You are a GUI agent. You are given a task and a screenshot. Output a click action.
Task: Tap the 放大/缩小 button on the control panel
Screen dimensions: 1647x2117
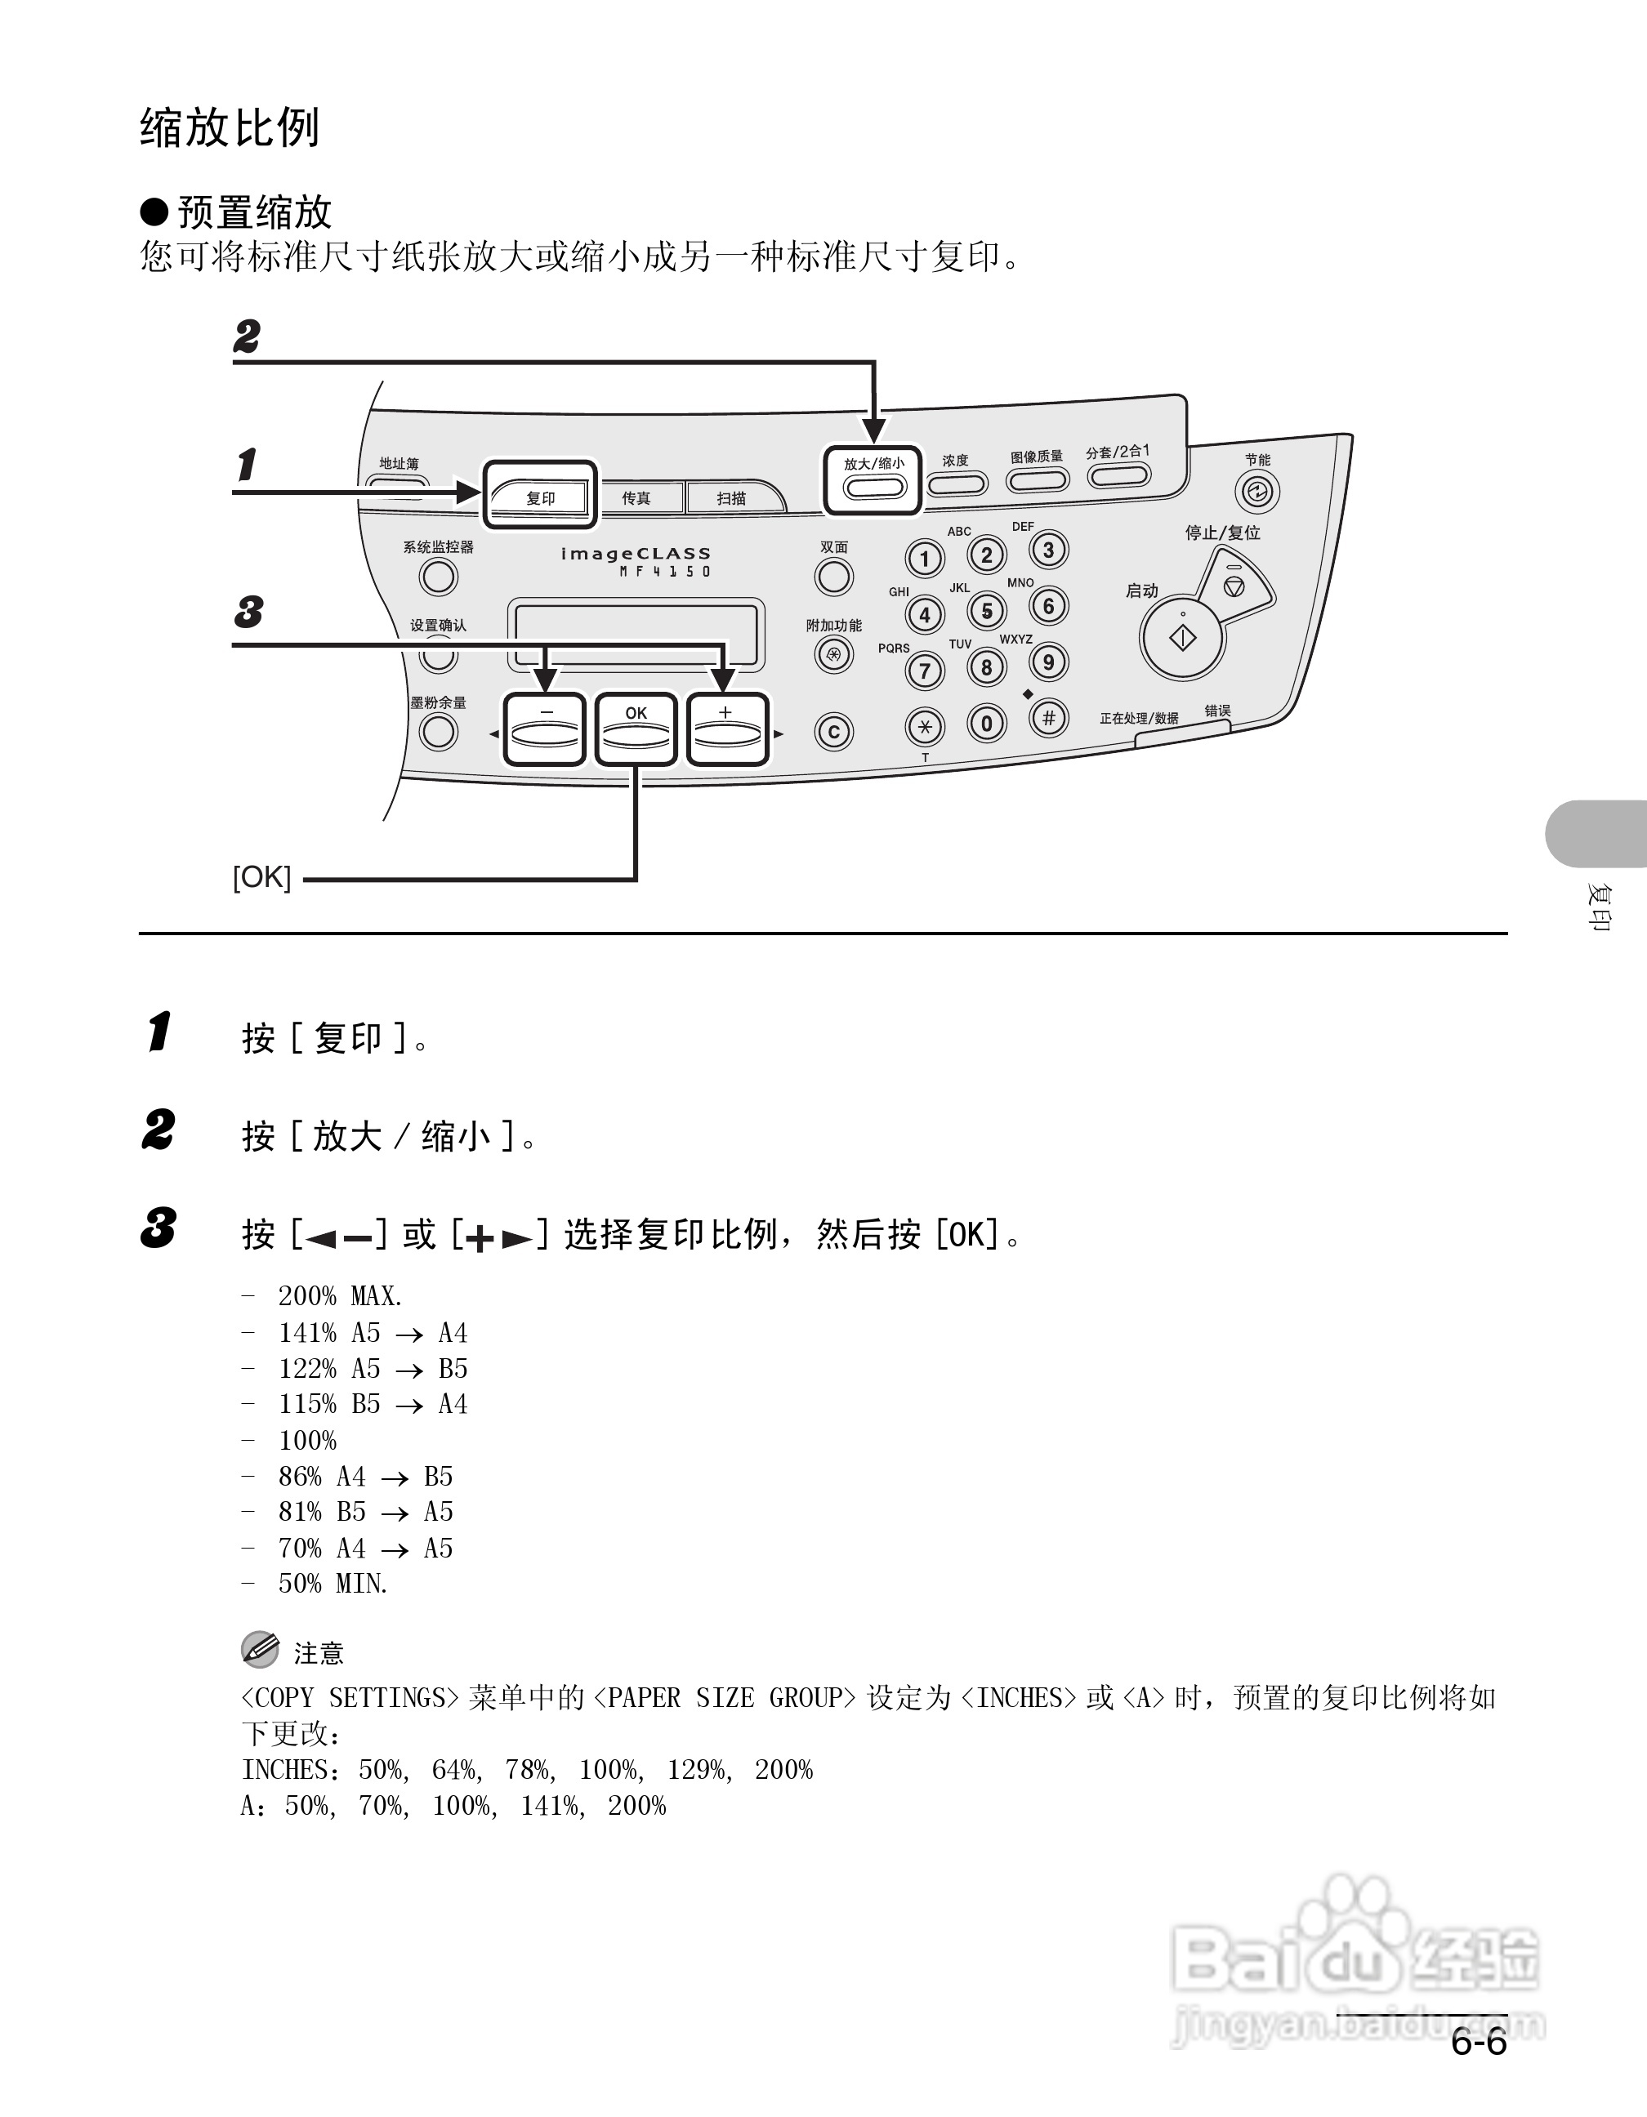point(873,482)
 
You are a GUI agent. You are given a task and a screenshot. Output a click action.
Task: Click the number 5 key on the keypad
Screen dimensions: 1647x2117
point(987,612)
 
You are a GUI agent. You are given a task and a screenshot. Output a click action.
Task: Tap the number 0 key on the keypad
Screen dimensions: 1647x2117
point(987,723)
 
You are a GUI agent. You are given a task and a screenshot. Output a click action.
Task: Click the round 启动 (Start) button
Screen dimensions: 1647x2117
point(1183,638)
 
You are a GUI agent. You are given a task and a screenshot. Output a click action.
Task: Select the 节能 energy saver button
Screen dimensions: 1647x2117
point(1257,492)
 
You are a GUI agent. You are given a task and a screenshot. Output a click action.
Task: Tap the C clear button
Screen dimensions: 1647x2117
point(833,732)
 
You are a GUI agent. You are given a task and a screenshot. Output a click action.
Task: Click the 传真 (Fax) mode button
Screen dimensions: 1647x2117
point(636,498)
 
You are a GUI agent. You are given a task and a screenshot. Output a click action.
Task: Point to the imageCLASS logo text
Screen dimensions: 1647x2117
point(636,555)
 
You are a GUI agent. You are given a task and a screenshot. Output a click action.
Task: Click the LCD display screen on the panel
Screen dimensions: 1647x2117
point(636,635)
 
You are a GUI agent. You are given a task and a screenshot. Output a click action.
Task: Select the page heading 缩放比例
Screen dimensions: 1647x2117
point(230,128)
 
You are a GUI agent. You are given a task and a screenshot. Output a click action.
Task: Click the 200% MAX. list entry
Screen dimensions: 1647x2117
point(339,1296)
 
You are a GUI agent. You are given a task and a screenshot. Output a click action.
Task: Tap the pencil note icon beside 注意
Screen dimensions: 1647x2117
point(260,1650)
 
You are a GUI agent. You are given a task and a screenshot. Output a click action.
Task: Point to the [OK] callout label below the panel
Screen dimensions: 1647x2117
point(261,877)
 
